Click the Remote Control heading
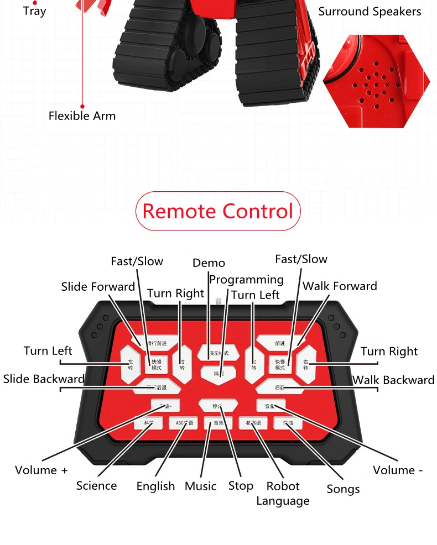(x=218, y=211)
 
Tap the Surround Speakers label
(x=370, y=12)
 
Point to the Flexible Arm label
(x=82, y=116)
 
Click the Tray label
(x=34, y=11)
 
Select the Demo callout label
(x=209, y=263)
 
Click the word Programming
(x=246, y=280)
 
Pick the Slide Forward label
(x=98, y=286)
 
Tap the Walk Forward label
(x=340, y=286)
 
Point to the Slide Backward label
(x=44, y=379)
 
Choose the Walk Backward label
(x=393, y=380)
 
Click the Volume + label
(x=41, y=470)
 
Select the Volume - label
(x=398, y=470)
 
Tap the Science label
(x=96, y=486)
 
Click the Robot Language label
(x=283, y=494)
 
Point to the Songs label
(x=343, y=489)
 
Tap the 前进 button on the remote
(x=280, y=343)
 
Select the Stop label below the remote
(x=241, y=486)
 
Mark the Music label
(x=200, y=486)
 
